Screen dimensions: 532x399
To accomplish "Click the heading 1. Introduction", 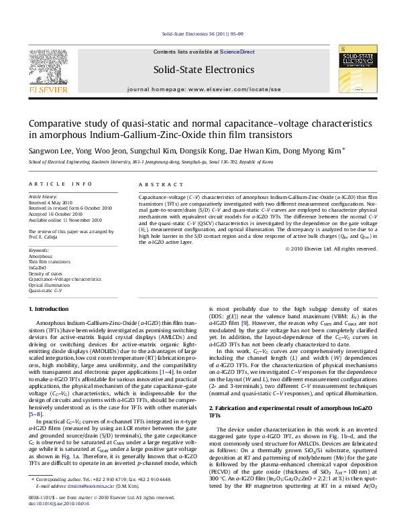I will [x=51, y=308].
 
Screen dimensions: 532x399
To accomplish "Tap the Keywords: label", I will [x=39, y=250].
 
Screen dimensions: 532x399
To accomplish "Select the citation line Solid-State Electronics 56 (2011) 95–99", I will [x=199, y=34].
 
